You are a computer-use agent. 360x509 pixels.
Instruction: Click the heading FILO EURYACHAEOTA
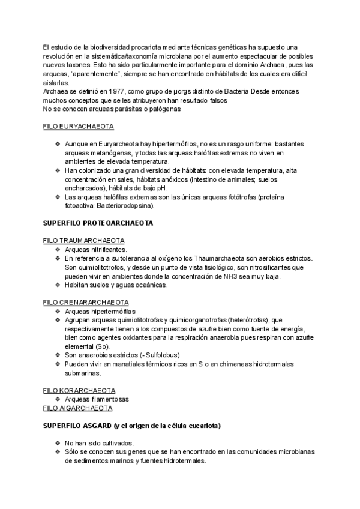pyautogui.click(x=79, y=127)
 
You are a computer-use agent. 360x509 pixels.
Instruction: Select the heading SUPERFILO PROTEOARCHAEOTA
pyautogui.click(x=98, y=223)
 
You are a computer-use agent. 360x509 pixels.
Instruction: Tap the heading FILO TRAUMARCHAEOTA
pyautogui.click(x=80, y=240)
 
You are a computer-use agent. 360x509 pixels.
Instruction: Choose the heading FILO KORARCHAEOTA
pyautogui.click(x=79, y=390)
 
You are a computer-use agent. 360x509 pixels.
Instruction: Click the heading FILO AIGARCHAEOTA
pyautogui.click(x=78, y=408)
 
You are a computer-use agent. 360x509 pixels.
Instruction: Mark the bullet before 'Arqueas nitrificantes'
pyautogui.click(x=57, y=249)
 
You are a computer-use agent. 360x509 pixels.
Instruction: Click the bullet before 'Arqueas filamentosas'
pyautogui.click(x=57, y=399)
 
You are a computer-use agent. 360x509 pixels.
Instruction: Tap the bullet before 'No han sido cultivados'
pyautogui.click(x=57, y=443)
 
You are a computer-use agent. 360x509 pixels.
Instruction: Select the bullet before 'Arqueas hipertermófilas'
pyautogui.click(x=57, y=311)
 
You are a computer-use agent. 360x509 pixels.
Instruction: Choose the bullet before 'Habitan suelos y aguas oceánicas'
pyautogui.click(x=57, y=285)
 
